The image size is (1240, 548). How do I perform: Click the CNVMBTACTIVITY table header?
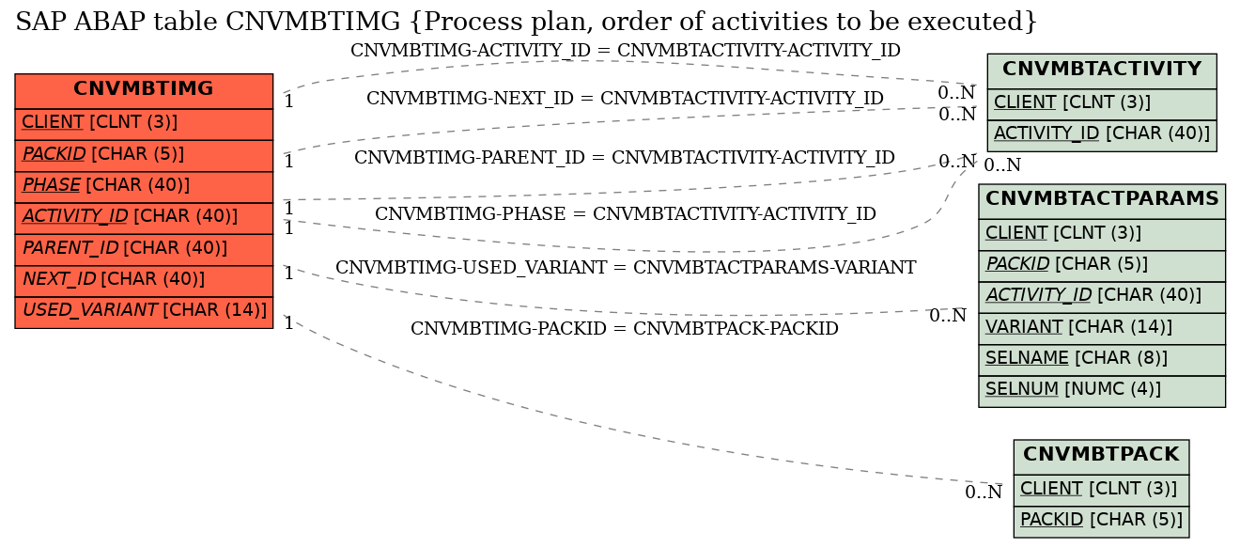coord(1102,70)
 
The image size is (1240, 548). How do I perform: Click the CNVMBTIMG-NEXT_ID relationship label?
coord(625,98)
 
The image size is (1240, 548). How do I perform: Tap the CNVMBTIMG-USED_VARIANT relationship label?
coord(626,267)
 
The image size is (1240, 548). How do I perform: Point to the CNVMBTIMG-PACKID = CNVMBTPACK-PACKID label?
coord(625,328)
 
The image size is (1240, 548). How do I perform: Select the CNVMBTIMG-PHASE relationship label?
coord(626,213)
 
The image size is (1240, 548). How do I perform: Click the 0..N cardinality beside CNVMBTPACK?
coord(984,492)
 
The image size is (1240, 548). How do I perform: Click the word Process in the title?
coord(461,23)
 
